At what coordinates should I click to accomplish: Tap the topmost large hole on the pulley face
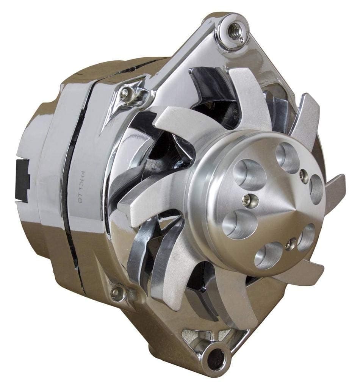click(287, 156)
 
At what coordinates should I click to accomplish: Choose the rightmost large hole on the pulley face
click(315, 190)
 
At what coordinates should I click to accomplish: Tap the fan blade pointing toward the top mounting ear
click(248, 95)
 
